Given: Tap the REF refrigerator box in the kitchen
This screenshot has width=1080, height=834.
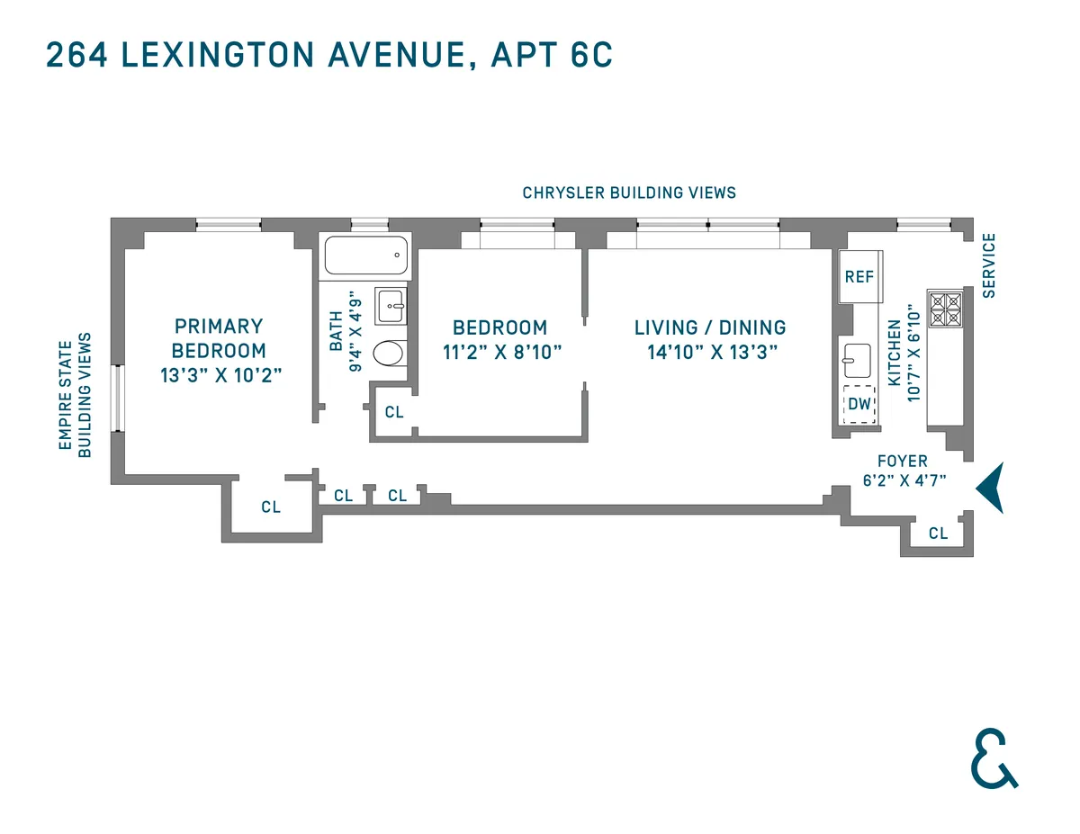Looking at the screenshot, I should point(859,276).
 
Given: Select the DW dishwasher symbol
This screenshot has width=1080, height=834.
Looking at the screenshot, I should point(859,404).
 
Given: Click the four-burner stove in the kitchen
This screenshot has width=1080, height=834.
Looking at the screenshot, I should point(946,309).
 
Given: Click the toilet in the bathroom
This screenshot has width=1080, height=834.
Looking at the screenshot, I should point(389,354).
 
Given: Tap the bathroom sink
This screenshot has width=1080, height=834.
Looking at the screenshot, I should point(391,306).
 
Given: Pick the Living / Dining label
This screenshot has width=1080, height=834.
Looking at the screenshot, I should point(710,327).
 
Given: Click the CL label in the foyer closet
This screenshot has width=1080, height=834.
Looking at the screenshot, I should point(938,534).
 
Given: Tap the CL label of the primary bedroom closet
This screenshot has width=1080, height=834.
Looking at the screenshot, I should point(271,507).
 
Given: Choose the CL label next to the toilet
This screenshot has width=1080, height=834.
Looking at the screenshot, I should point(394,412).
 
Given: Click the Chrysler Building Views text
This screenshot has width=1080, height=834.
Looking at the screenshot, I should point(629,193).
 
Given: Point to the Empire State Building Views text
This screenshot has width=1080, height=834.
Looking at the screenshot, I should point(76,395).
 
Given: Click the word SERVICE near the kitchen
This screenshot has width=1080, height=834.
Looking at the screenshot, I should point(989,265).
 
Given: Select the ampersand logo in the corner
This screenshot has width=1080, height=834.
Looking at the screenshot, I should point(994,760).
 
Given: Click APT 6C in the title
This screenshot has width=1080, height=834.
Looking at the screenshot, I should point(552,55).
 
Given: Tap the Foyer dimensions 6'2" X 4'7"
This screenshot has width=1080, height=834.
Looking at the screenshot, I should point(904,480).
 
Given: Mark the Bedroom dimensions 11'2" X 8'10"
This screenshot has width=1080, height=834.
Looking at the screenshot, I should point(502,352).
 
